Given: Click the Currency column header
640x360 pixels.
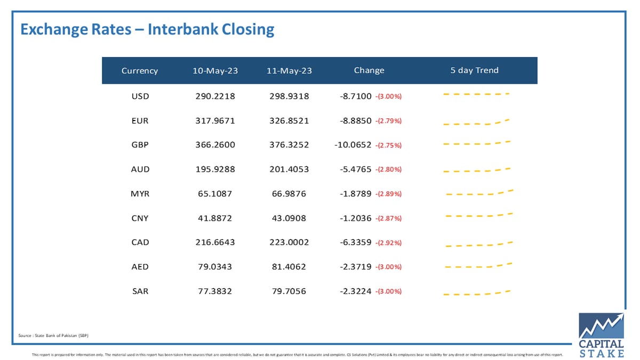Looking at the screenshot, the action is (x=139, y=70).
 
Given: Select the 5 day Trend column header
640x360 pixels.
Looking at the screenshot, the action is (x=474, y=70).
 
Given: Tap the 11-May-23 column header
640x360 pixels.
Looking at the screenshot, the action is (x=289, y=70).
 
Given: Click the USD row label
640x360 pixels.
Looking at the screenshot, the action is (x=140, y=97).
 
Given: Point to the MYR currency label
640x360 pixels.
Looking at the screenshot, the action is (x=140, y=194).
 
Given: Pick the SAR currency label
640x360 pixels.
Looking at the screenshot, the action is (x=140, y=291).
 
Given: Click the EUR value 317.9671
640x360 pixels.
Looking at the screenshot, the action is (x=215, y=121).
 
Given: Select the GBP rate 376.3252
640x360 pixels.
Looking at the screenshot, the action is (x=289, y=145).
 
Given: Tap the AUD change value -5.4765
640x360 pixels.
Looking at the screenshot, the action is (x=355, y=169).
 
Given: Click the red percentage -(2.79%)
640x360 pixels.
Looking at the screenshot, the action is (x=388, y=121).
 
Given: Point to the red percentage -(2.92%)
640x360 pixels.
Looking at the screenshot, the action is (x=388, y=243).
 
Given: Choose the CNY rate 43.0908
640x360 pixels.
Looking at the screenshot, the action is (x=289, y=218).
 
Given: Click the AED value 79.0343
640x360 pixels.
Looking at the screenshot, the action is (x=215, y=267).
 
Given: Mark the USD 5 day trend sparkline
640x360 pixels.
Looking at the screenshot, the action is (x=476, y=94).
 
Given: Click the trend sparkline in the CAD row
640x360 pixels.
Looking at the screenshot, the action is (x=479, y=244).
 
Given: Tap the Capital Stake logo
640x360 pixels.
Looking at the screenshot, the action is (x=602, y=335).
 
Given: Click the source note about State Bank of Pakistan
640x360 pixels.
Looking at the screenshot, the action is (x=53, y=335).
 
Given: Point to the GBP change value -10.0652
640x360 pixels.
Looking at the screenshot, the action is (x=353, y=145).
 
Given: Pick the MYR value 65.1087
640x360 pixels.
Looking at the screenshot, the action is (x=215, y=194).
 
